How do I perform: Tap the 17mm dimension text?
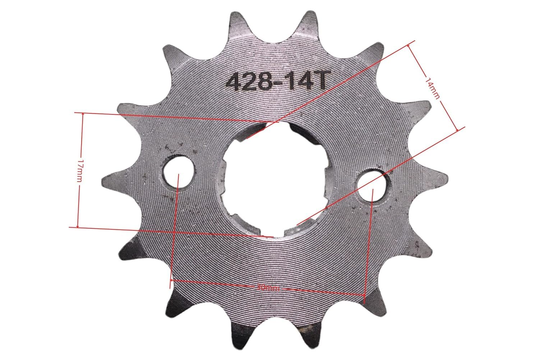79,170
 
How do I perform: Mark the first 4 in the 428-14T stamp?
233,82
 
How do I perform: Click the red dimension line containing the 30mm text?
216,284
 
